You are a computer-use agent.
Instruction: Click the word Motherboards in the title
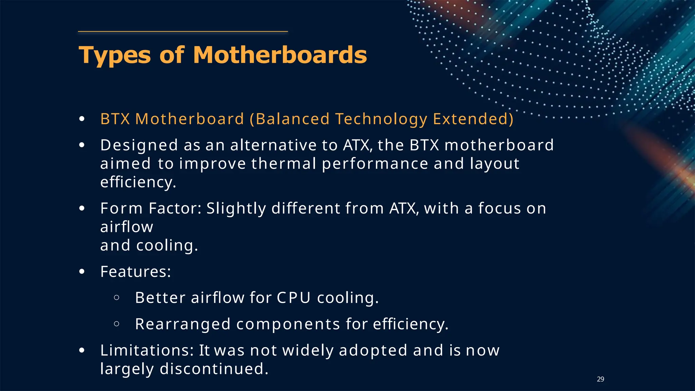click(x=280, y=55)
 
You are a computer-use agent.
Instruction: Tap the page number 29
click(x=600, y=379)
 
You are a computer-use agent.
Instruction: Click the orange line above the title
click(x=183, y=32)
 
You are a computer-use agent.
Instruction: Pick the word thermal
click(x=284, y=164)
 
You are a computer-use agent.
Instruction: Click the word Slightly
click(x=236, y=209)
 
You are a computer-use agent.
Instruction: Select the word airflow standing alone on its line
click(x=127, y=227)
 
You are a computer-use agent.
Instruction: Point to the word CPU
click(x=294, y=298)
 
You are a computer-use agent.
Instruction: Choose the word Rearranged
click(x=183, y=324)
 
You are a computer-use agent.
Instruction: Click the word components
click(x=288, y=324)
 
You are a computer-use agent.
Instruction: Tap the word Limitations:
click(x=147, y=350)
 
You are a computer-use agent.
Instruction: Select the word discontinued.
click(x=214, y=369)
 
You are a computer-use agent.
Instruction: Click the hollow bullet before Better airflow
click(x=116, y=298)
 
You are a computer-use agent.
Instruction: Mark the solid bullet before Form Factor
click(x=82, y=208)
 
